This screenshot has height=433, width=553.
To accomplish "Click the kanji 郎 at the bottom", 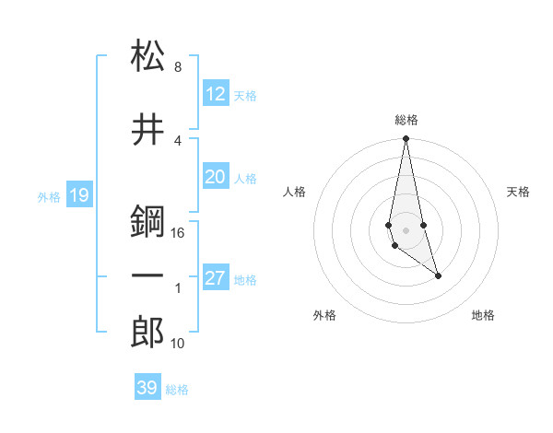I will tap(147, 333).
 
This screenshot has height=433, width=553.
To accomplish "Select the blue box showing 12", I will tap(216, 94).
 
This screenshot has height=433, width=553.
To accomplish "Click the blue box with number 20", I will tap(216, 177).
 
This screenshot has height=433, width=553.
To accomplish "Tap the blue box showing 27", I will tap(216, 278).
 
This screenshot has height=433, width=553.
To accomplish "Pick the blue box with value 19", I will tap(78, 194).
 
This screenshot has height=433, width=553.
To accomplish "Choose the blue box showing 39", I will tap(147, 388).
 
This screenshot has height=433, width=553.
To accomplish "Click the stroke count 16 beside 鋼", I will tap(179, 233).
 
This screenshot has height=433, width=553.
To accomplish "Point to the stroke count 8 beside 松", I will tap(178, 67).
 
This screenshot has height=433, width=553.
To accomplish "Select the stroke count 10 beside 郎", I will tap(178, 344).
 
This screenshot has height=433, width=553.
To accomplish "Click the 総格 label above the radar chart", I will tap(406, 120).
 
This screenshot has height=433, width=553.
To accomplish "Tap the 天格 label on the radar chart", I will tap(519, 192).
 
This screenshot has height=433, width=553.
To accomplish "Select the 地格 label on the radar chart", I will tap(483, 315).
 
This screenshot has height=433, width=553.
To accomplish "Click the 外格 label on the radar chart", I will tap(324, 315).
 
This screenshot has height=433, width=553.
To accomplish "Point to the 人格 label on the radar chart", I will tap(295, 192).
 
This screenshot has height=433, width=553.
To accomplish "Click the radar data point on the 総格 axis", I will tap(406, 139).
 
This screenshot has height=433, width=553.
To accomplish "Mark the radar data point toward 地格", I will tap(438, 275).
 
